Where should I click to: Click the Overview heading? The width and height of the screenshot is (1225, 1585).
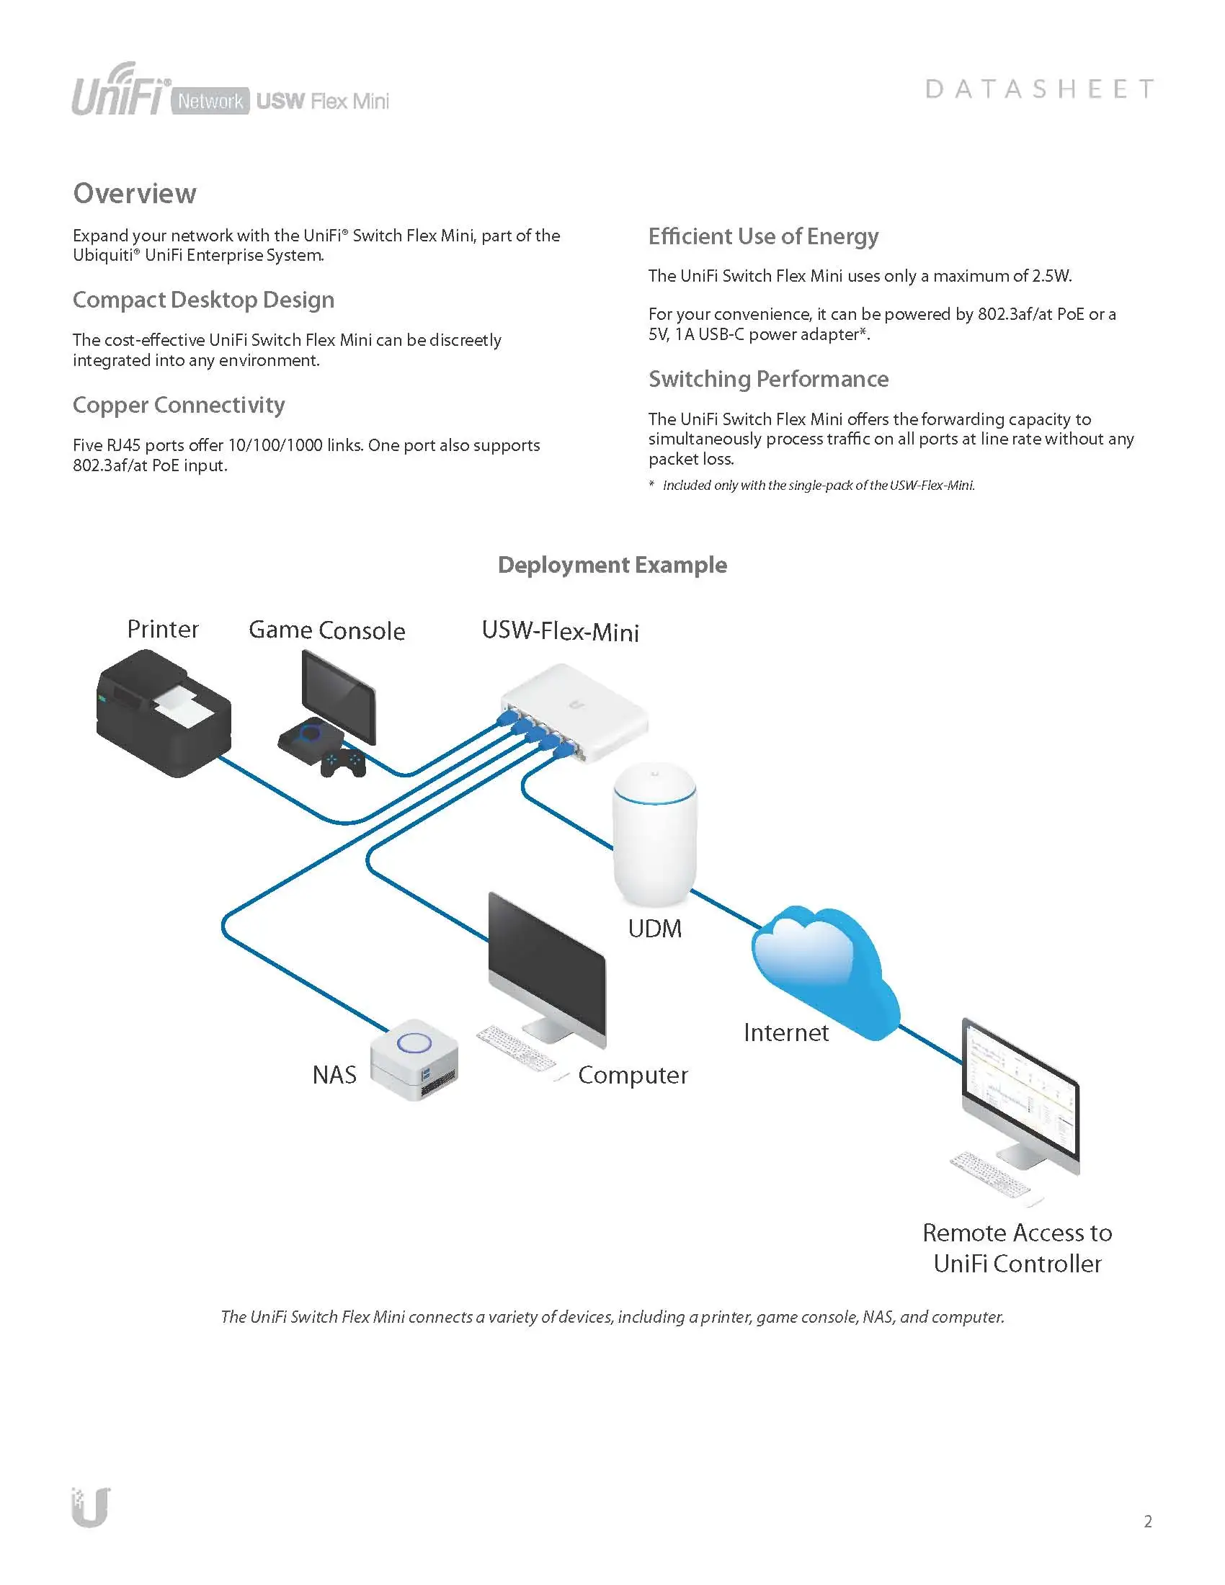click(135, 193)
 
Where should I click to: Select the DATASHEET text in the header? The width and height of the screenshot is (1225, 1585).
click(1039, 89)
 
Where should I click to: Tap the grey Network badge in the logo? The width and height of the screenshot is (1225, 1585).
click(210, 101)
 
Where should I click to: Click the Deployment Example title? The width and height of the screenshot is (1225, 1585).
click(612, 565)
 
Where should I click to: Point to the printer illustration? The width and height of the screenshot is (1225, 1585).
click(164, 714)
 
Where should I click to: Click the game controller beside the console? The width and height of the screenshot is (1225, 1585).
click(343, 764)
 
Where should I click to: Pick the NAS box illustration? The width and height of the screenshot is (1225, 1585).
click(414, 1059)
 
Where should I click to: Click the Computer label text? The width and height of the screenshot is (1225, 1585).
click(633, 1075)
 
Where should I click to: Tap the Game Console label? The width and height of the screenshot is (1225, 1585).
click(326, 630)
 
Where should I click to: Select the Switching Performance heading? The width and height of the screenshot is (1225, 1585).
click(768, 379)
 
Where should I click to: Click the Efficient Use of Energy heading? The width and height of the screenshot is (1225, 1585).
click(762, 236)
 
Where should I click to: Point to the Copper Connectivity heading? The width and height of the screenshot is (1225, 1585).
click(179, 405)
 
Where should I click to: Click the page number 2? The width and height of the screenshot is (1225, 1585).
click(1147, 1521)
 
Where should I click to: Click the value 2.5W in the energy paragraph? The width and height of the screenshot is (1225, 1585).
click(1051, 276)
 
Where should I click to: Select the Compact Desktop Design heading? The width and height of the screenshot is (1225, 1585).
click(203, 300)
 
